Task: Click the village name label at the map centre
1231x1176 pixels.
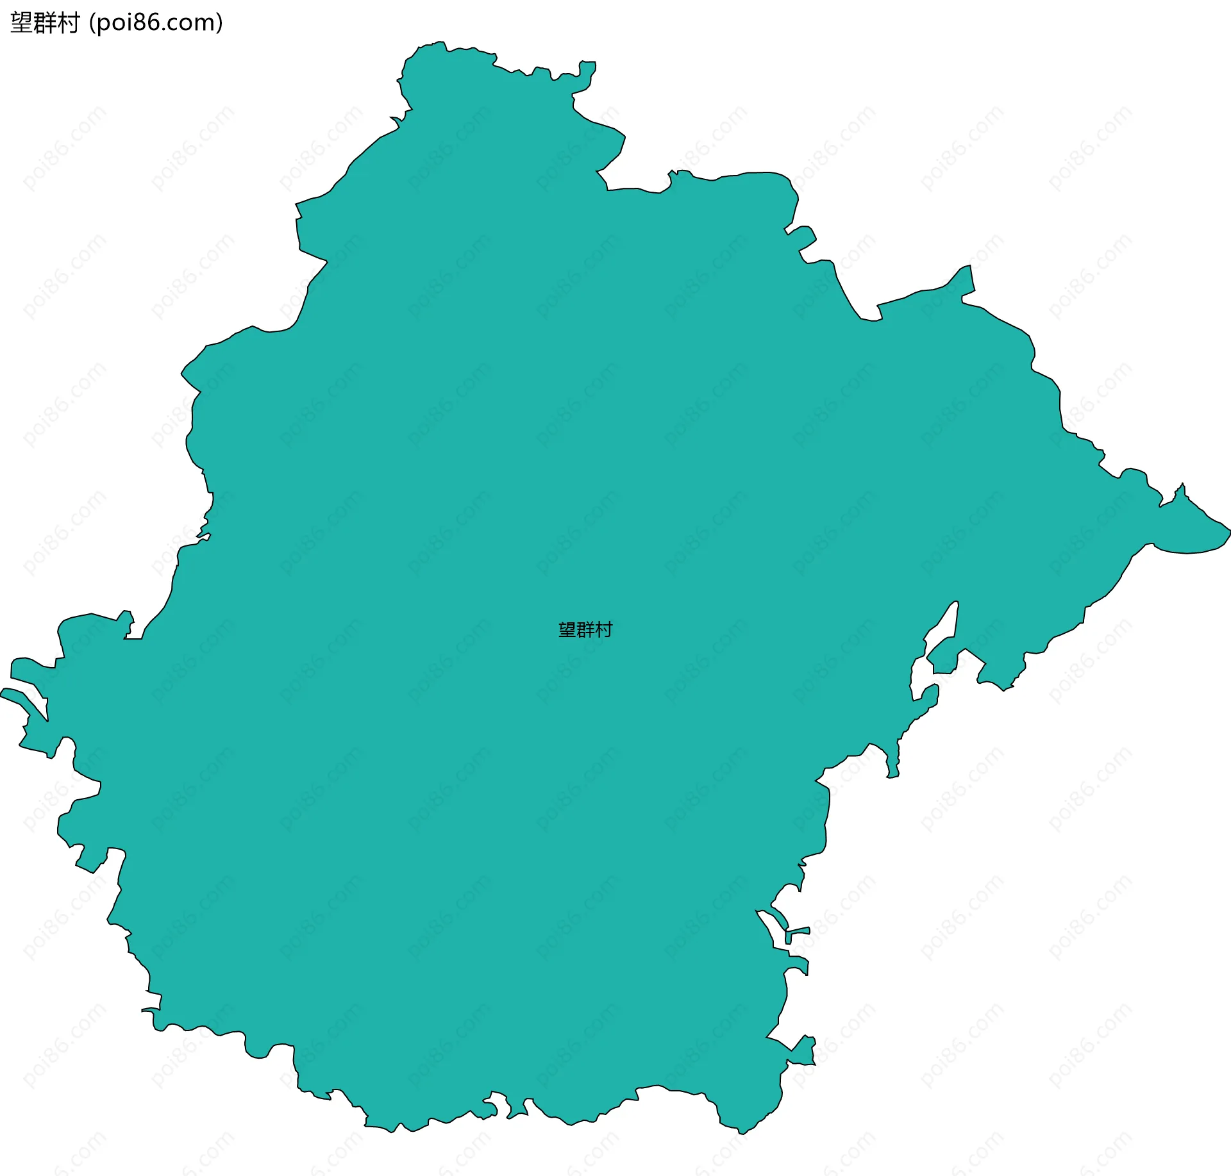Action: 585,630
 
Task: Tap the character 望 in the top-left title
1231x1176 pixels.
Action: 22,23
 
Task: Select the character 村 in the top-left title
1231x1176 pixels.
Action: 68,23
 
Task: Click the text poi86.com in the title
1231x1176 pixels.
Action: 156,23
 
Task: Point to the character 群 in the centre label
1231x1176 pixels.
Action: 585,630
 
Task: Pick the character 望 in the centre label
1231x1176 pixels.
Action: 567,630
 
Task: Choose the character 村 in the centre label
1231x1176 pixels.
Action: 603,630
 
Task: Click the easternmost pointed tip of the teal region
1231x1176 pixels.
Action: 1229,531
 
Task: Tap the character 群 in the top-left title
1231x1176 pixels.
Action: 45,23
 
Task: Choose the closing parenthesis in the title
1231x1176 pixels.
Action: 220,23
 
